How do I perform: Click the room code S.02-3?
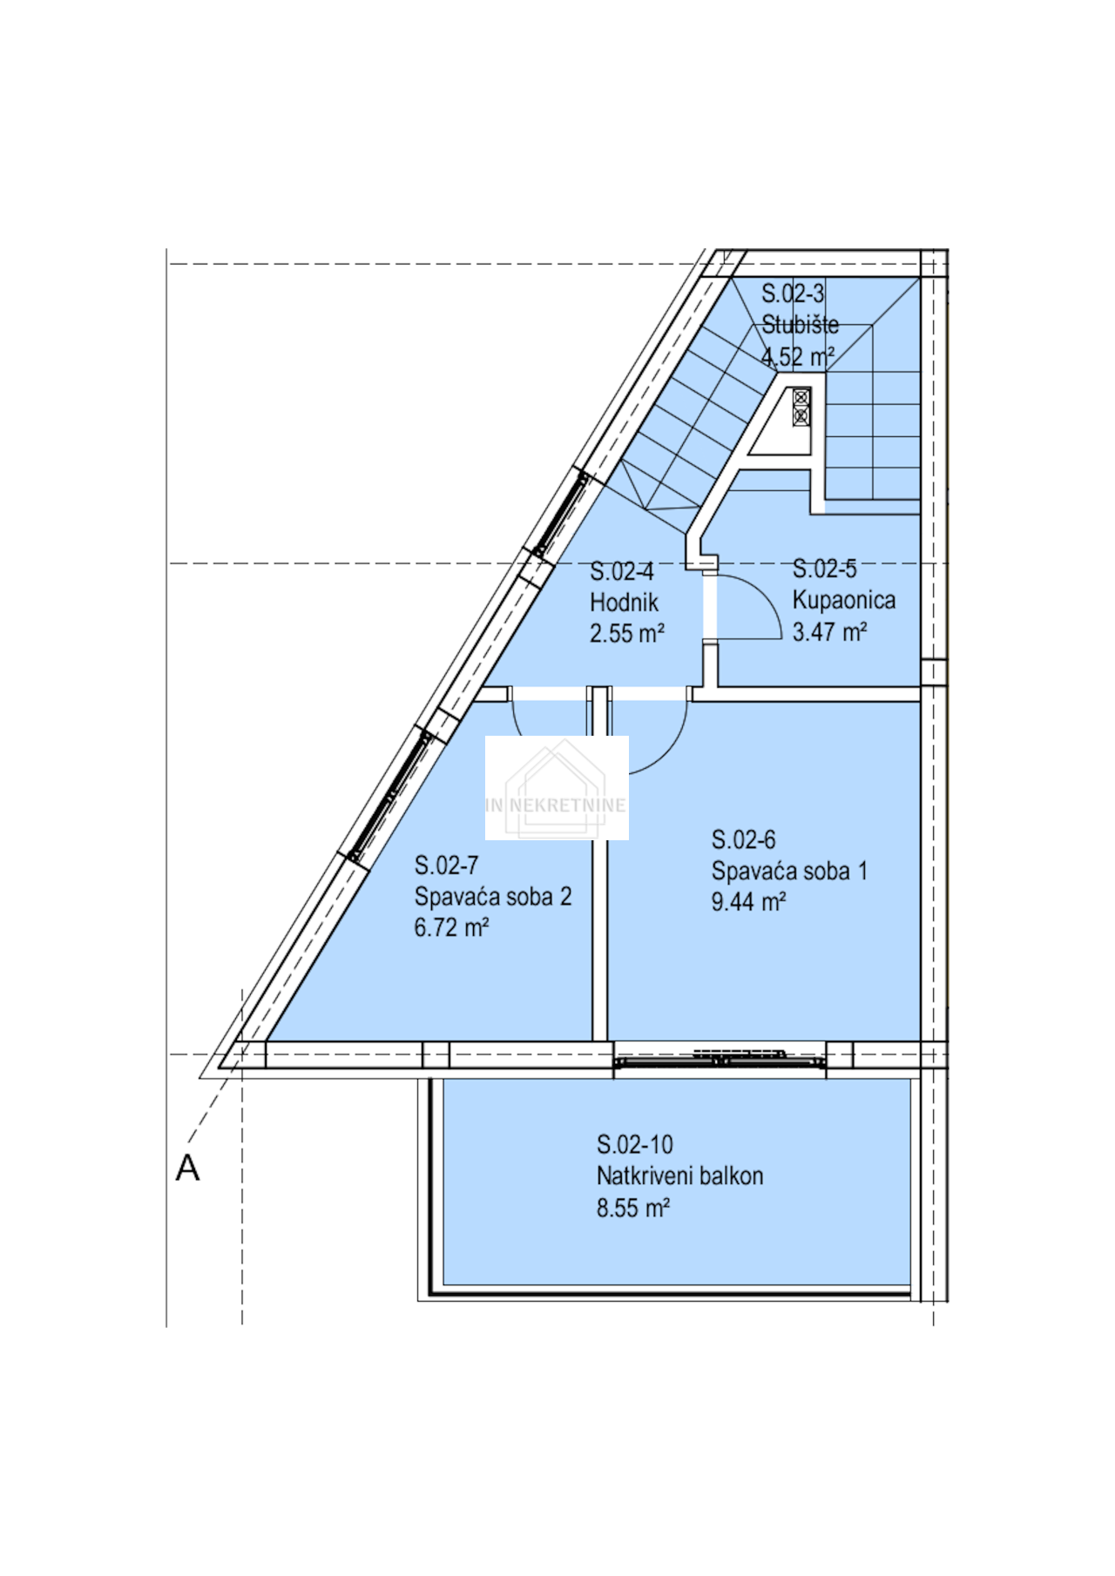[x=793, y=293]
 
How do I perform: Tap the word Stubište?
[x=800, y=325]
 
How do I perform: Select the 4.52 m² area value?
[x=798, y=357]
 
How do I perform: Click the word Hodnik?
[x=624, y=603]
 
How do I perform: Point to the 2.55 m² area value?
[x=627, y=633]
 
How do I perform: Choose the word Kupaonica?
[x=843, y=600]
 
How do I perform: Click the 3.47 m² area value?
[x=829, y=631]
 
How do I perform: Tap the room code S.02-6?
[x=743, y=839]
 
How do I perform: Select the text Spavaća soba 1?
[x=789, y=871]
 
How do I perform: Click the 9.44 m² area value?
[x=748, y=901]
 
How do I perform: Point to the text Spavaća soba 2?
[x=492, y=897]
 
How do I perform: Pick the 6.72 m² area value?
[x=451, y=927]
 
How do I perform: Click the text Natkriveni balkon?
[x=679, y=1176]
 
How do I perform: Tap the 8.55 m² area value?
[x=632, y=1208]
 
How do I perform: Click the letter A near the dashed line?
[x=187, y=1168]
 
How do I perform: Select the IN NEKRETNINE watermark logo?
[x=557, y=788]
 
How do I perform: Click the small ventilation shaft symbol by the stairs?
[x=801, y=407]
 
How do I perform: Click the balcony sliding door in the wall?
[x=720, y=1059]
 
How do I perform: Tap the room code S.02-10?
[x=634, y=1144]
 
